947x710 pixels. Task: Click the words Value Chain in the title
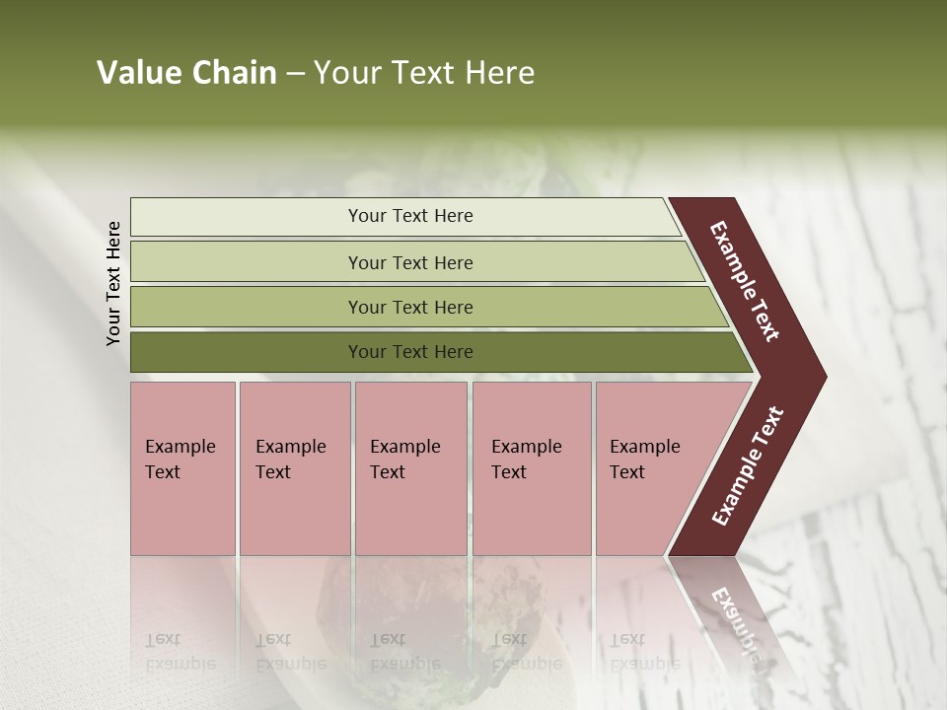(186, 73)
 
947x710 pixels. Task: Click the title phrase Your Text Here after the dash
(424, 73)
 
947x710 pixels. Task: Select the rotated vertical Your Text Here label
(113, 283)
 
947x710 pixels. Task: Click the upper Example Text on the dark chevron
(745, 281)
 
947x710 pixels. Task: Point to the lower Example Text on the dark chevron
(748, 466)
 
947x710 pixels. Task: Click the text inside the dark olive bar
(410, 352)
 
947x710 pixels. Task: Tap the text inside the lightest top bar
(410, 216)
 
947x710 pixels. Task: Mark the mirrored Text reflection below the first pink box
(163, 639)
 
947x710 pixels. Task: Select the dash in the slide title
(295, 74)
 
